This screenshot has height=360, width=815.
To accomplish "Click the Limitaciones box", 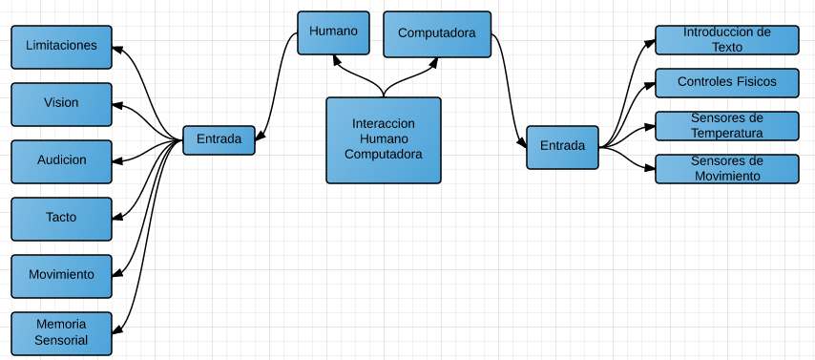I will [61, 47].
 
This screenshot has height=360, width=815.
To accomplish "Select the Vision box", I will [61, 104].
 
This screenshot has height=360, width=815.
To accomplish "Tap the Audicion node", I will [61, 160].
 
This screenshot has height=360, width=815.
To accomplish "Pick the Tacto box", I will [61, 218].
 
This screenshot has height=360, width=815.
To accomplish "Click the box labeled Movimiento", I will [61, 275].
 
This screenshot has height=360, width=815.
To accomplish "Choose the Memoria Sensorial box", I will [61, 332].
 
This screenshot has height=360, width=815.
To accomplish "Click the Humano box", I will [333, 32].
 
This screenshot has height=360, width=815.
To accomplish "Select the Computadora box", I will [437, 33].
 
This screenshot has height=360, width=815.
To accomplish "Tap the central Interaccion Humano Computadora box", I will [384, 139].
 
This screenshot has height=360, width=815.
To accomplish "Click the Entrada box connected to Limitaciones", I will [219, 139].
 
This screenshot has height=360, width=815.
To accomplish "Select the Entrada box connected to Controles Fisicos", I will [562, 147].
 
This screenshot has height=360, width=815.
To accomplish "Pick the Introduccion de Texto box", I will [726, 40].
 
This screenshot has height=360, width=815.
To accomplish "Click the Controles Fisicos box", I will [726, 83].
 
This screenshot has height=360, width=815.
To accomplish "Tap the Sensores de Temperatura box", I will [726, 125].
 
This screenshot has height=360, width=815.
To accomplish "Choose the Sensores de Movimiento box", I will [726, 168].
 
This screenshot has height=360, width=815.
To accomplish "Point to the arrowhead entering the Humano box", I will [335, 59].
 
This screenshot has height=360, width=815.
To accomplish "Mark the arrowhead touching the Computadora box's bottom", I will [435, 60].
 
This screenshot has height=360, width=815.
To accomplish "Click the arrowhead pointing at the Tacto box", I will [117, 218].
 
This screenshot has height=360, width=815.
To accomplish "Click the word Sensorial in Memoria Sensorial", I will [61, 340].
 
